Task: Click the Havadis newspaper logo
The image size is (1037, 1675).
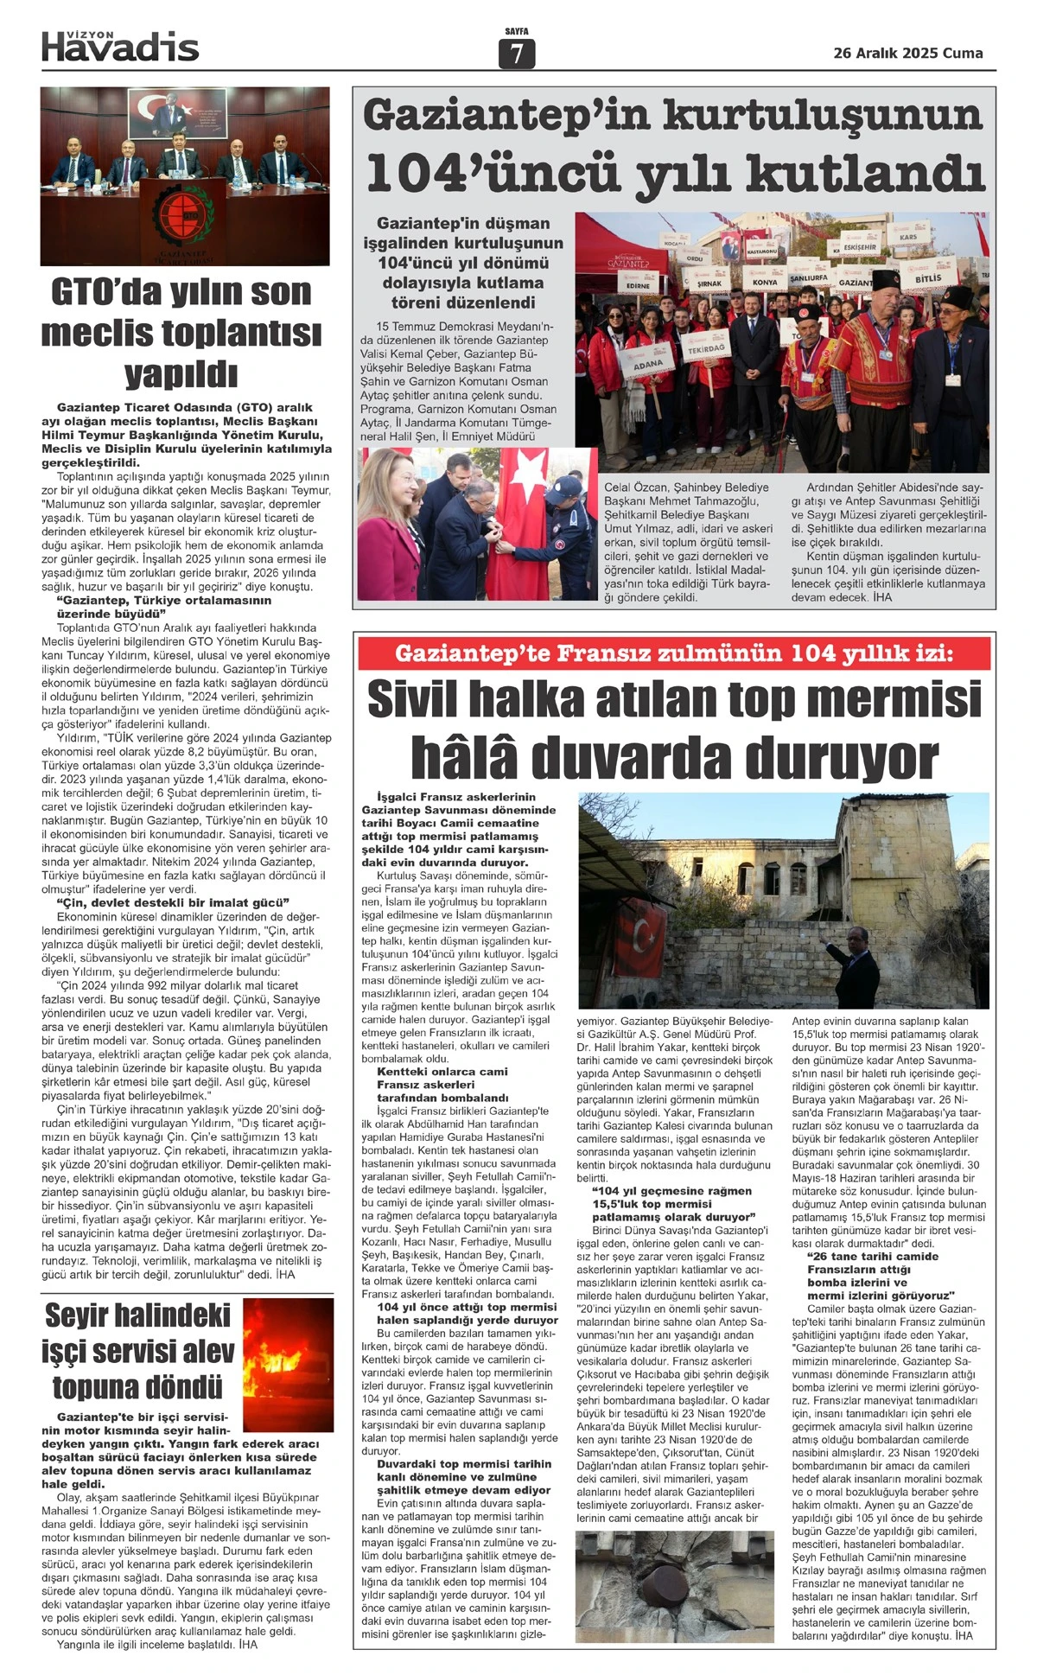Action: (x=120, y=47)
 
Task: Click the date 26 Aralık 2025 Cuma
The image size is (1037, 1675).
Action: (x=907, y=54)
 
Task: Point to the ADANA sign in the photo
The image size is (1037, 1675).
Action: (x=647, y=365)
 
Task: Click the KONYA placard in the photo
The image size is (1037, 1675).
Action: (x=764, y=282)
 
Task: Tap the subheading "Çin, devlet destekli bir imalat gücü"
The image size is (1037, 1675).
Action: (x=169, y=902)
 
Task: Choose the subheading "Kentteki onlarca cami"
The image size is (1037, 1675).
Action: (x=442, y=1072)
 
